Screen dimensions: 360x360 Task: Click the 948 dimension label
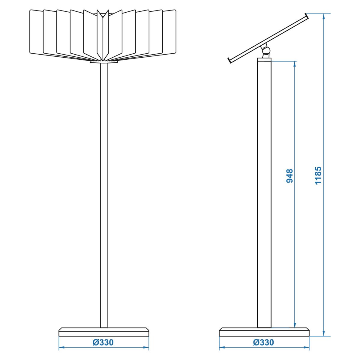(289, 176)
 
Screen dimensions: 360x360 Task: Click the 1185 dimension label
(318, 175)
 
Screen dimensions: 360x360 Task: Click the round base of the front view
(104, 332)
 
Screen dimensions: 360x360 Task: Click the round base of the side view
(264, 332)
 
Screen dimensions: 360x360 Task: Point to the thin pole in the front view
(104, 195)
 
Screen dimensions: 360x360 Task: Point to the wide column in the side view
(264, 194)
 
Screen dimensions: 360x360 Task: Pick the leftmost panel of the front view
(36, 32)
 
